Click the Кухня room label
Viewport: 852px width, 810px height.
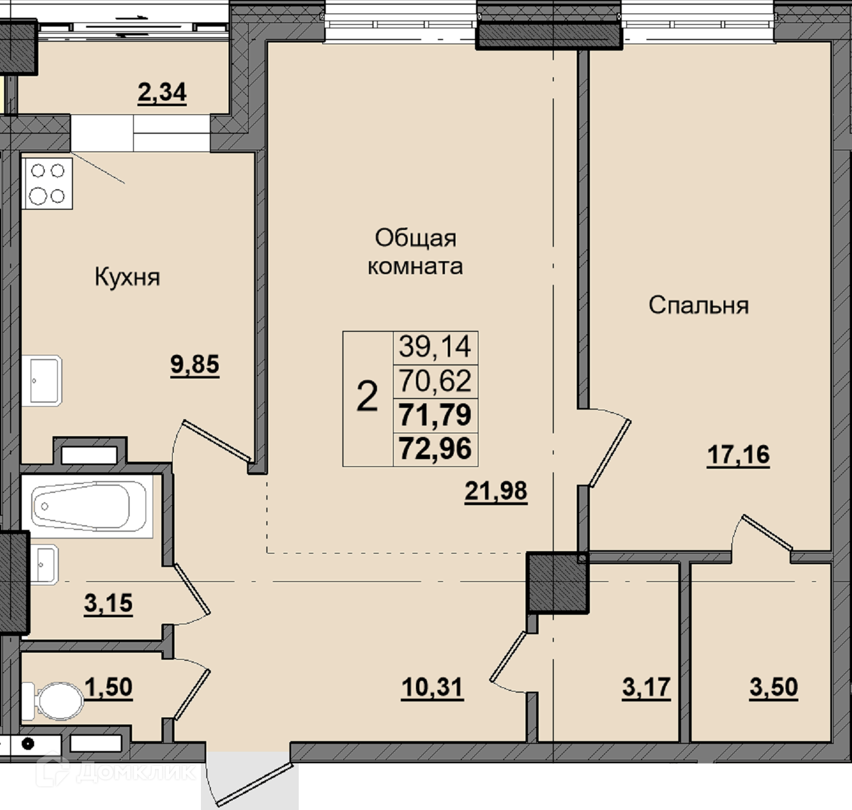tap(127, 277)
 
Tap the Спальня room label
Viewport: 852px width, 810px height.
tap(699, 305)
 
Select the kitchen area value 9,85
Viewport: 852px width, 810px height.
tap(195, 364)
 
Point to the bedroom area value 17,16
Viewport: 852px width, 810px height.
tap(738, 455)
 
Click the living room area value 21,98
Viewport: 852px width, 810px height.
tap(496, 491)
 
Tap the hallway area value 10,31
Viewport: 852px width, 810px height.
tap(432, 687)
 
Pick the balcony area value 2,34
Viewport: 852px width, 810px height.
tap(162, 93)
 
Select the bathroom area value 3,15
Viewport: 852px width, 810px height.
tap(108, 603)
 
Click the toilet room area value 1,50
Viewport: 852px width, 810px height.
tap(108, 687)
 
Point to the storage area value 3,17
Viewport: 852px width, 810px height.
tap(646, 687)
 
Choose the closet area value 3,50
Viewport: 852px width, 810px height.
tap(774, 687)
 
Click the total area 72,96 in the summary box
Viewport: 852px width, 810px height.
tap(435, 449)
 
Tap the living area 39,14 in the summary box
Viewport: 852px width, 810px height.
tap(435, 347)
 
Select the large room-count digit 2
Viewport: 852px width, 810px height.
tap(367, 396)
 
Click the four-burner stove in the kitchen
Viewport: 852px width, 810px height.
tap(47, 184)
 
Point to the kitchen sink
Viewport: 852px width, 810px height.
tap(42, 381)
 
